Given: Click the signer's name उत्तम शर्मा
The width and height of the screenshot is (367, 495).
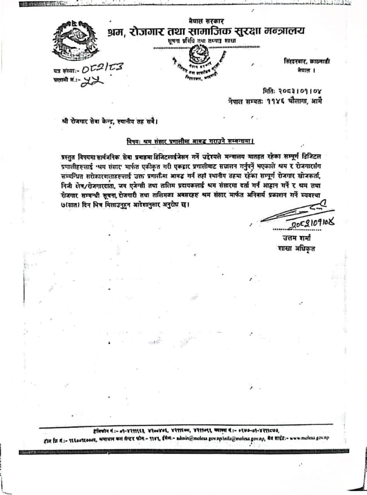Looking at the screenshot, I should pyautogui.click(x=297, y=238).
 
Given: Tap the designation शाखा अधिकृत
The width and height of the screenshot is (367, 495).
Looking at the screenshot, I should pyautogui.click(x=296, y=248).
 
